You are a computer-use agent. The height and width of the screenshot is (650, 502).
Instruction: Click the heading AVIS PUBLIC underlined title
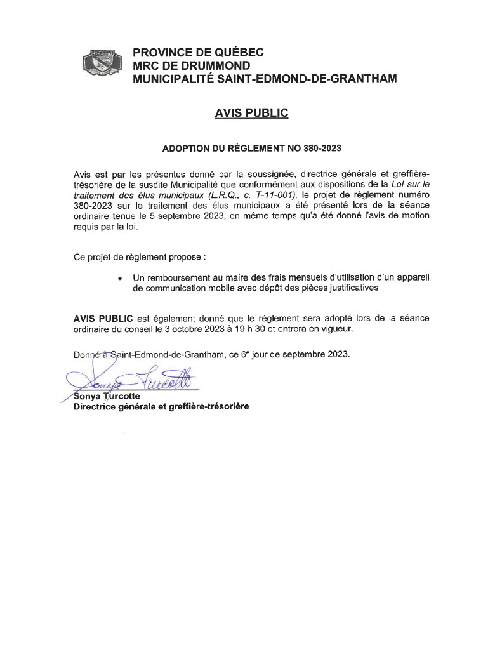tap(251, 113)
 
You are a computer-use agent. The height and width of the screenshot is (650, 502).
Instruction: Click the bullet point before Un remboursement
tap(121, 278)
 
